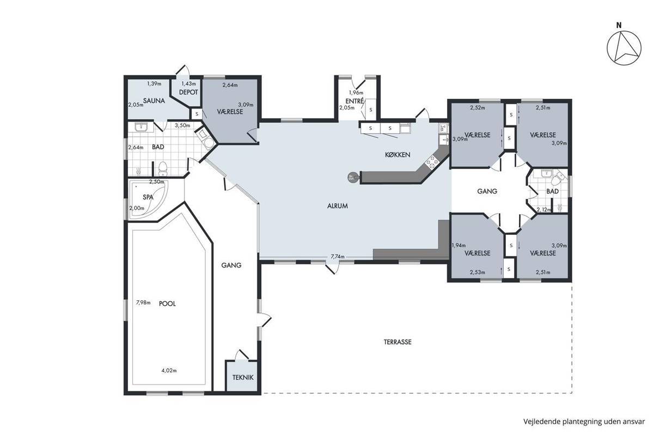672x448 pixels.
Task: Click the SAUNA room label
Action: click(x=154, y=101)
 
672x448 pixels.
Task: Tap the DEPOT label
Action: click(x=188, y=92)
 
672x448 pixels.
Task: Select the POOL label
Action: click(x=167, y=304)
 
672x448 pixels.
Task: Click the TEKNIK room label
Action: click(x=243, y=378)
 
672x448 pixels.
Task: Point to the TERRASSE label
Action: click(x=398, y=342)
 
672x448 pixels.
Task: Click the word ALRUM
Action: click(x=338, y=206)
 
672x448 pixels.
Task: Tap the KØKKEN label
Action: click(x=398, y=155)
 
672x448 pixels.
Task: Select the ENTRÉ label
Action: click(x=355, y=101)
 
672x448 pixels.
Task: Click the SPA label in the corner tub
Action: click(x=148, y=197)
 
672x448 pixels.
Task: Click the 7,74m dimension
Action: click(x=338, y=257)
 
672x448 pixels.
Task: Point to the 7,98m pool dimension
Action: click(x=143, y=302)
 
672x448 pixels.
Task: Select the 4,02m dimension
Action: click(x=169, y=371)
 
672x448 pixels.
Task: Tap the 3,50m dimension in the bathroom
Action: click(x=182, y=125)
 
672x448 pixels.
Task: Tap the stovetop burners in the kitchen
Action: click(x=431, y=162)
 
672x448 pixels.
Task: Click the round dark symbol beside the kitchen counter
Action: click(x=353, y=177)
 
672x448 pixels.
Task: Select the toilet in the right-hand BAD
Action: click(x=557, y=179)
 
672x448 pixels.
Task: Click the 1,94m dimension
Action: click(x=459, y=246)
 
